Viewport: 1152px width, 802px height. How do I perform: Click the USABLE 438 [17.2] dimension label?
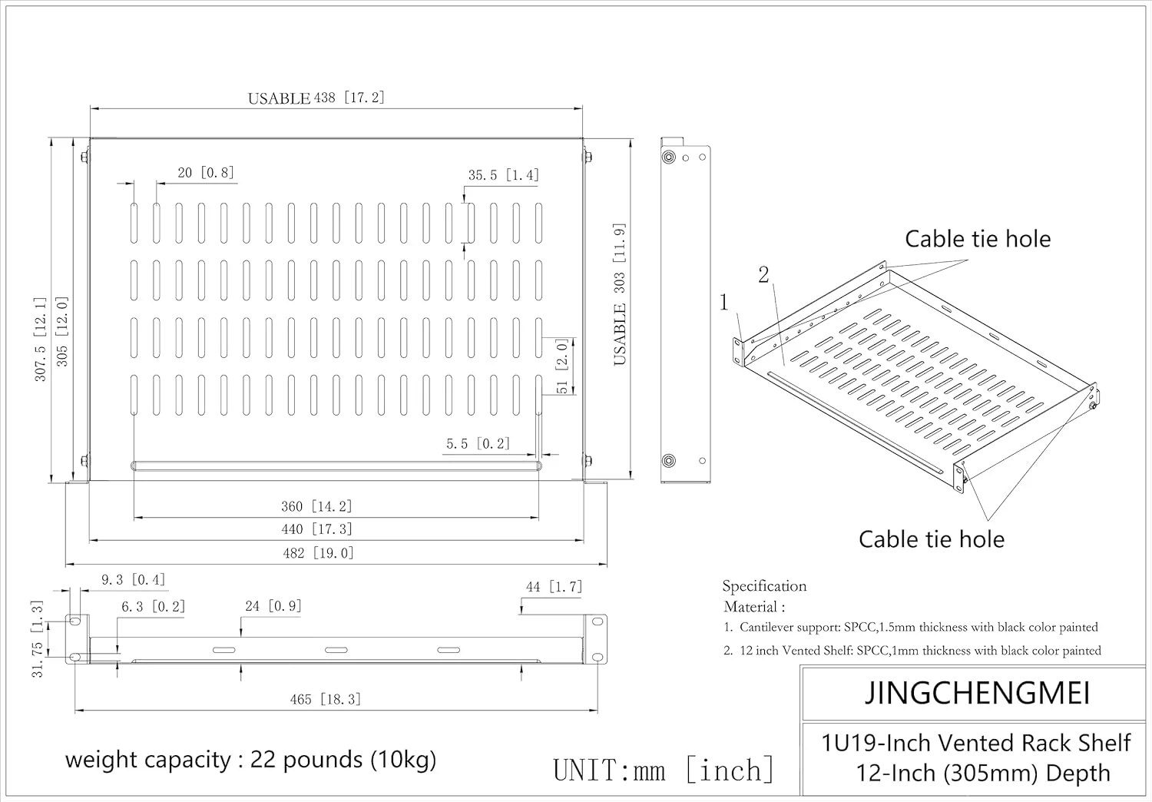click(x=316, y=98)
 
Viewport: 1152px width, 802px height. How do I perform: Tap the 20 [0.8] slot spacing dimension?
click(x=205, y=173)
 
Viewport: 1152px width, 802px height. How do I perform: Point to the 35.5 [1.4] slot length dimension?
click(x=503, y=175)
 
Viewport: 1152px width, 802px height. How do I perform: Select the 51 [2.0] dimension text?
click(x=562, y=366)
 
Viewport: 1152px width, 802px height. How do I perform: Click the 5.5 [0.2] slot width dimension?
click(x=478, y=444)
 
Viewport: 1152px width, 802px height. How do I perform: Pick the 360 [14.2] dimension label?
click(x=316, y=506)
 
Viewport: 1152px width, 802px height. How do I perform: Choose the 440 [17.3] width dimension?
click(x=316, y=529)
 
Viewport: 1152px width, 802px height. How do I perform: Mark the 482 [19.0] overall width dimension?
click(x=318, y=553)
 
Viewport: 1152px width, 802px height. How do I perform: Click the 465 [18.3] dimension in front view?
click(x=325, y=699)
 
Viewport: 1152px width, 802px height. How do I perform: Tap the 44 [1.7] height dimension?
click(x=554, y=587)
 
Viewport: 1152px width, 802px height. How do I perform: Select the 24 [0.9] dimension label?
click(x=273, y=606)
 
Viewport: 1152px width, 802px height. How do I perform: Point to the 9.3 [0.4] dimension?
click(x=133, y=580)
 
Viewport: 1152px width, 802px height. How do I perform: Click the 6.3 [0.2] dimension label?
click(x=153, y=607)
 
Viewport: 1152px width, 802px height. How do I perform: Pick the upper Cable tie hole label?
click(x=977, y=239)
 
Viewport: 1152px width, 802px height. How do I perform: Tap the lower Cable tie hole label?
click(x=931, y=539)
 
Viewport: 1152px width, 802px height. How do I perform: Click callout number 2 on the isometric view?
click(x=763, y=275)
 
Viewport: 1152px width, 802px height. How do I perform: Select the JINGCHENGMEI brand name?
click(x=977, y=693)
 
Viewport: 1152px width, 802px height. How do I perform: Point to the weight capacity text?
click(x=250, y=760)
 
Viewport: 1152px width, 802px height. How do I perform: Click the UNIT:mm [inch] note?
click(x=664, y=770)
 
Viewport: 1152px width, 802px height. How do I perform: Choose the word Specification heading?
click(x=764, y=586)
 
